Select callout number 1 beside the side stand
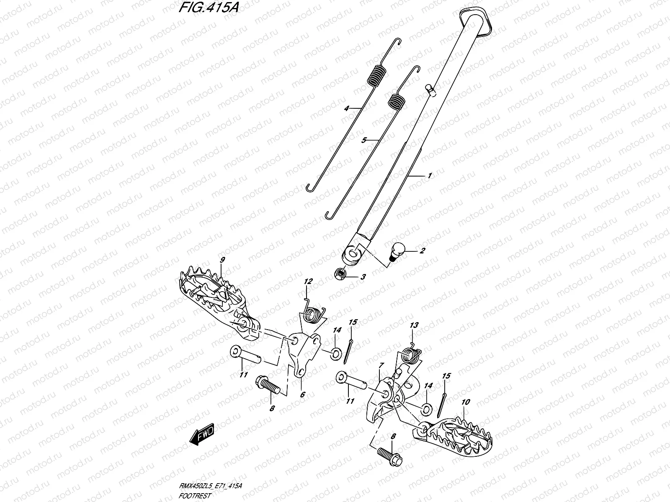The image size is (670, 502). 429,176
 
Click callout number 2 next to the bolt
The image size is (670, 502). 423,251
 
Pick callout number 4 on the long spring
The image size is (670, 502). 347,108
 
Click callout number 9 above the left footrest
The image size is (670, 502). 222,260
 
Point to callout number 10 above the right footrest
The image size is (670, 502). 466,402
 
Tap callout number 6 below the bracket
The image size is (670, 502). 302,394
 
